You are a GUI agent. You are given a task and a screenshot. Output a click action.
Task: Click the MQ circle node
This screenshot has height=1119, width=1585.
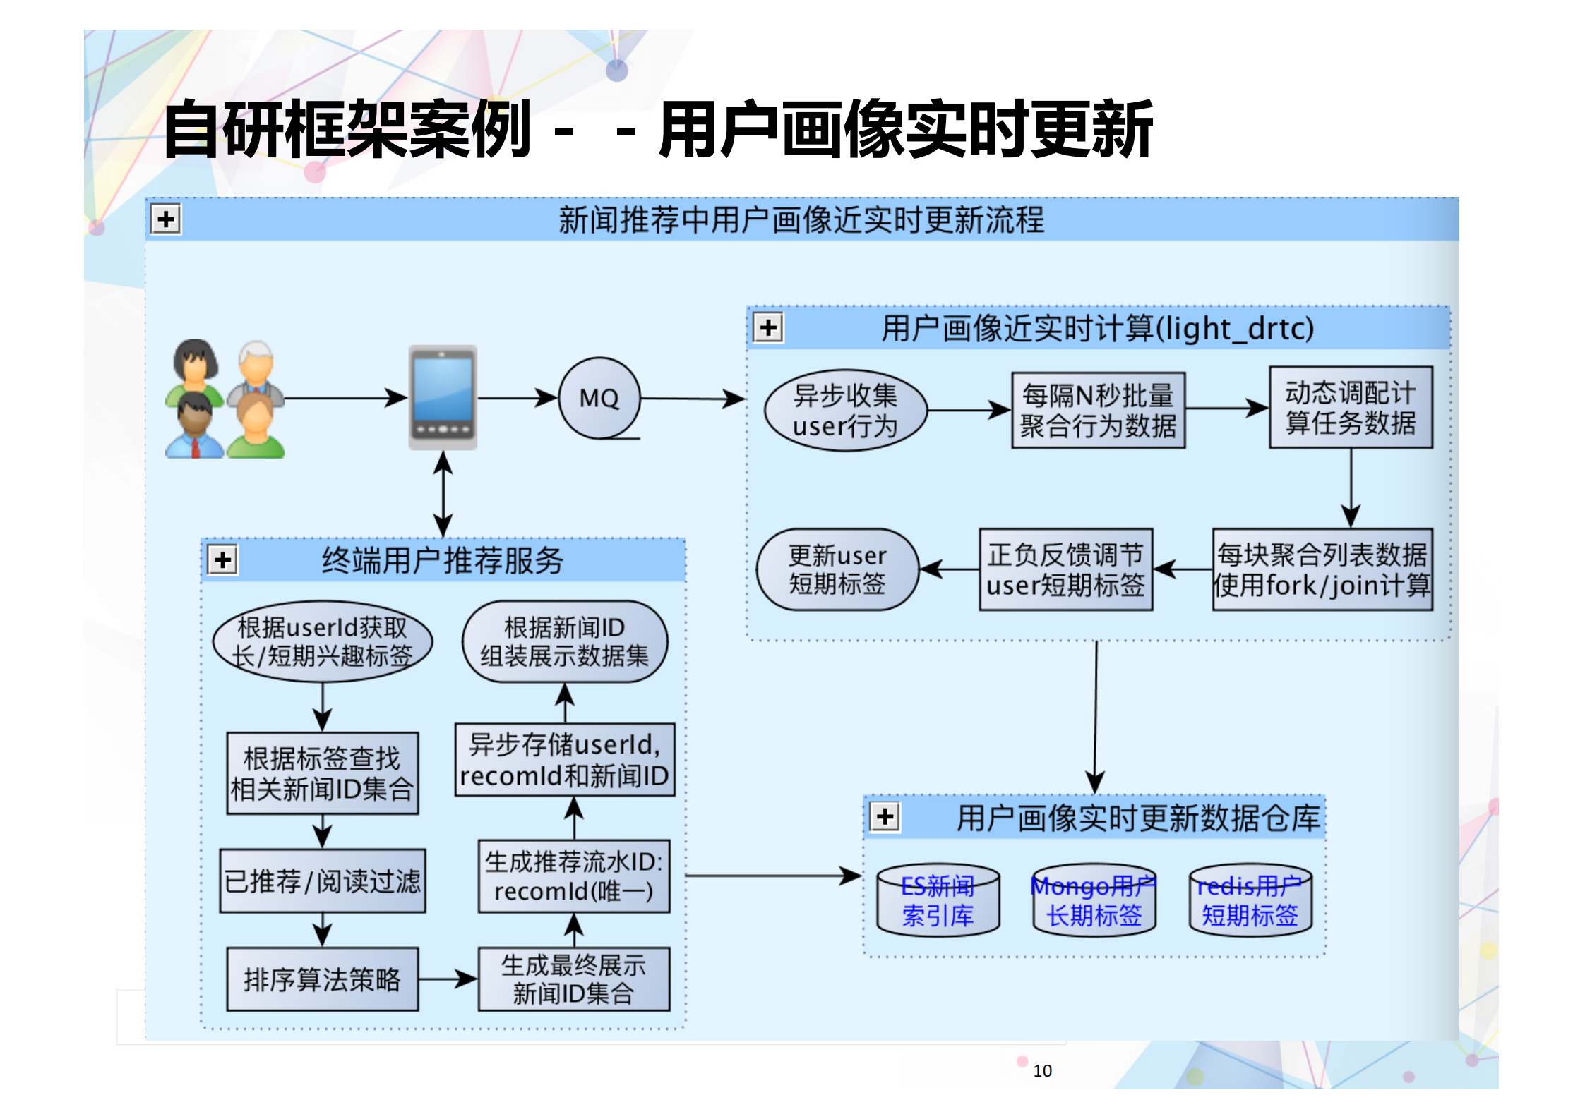click(599, 399)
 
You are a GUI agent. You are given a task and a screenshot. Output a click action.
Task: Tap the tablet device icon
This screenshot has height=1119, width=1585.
click(443, 397)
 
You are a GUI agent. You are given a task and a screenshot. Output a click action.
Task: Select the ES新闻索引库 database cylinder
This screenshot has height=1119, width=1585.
click(938, 901)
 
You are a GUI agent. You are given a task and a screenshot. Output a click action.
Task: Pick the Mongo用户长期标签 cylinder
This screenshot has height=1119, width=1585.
click(1094, 901)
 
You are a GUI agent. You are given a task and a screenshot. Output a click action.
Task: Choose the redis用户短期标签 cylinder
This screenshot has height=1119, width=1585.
click(1250, 901)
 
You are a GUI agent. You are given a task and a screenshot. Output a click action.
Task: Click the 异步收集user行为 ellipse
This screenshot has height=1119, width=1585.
click(845, 411)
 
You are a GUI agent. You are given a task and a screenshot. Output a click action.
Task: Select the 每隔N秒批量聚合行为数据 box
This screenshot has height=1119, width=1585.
click(1098, 411)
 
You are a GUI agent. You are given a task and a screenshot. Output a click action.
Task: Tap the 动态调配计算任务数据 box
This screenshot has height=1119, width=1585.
click(1350, 407)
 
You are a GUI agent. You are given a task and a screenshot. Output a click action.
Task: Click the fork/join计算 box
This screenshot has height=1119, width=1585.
click(1322, 569)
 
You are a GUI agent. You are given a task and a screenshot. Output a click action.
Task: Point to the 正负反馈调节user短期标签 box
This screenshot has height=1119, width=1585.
click(1065, 569)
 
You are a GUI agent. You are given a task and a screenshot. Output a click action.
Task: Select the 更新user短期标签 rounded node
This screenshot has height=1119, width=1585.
click(837, 569)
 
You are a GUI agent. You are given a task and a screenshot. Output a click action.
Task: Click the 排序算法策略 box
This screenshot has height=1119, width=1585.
click(322, 979)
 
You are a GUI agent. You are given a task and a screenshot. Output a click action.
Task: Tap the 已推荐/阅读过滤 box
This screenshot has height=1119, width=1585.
click(322, 881)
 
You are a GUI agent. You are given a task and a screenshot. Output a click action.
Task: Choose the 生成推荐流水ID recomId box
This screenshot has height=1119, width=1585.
click(573, 876)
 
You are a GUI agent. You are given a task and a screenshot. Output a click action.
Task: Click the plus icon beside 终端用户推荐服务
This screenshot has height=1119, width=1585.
click(223, 560)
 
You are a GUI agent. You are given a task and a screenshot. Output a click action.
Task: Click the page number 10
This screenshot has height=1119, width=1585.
click(1042, 1071)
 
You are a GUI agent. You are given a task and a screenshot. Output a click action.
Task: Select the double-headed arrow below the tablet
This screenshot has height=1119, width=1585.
click(443, 494)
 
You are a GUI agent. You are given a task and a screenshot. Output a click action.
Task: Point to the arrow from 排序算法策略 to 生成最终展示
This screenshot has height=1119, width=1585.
click(448, 979)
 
